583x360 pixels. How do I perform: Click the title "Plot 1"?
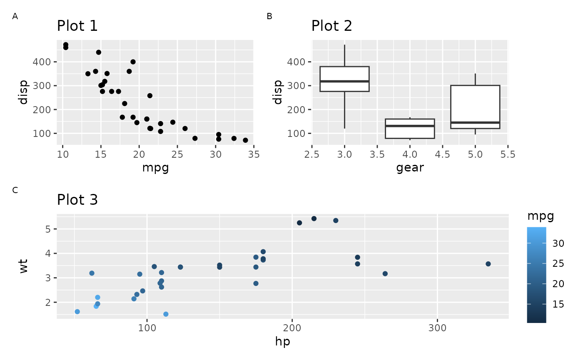(x=77, y=26)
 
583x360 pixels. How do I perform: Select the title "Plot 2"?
(x=332, y=26)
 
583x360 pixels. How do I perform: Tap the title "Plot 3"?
(x=77, y=200)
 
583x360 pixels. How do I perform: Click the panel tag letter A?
(x=15, y=17)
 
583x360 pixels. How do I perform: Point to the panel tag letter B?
(x=269, y=17)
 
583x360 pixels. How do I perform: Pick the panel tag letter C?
(x=15, y=191)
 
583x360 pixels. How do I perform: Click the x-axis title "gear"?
(x=410, y=168)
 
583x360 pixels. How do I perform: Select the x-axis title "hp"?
(x=283, y=342)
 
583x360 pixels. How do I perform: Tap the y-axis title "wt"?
(x=24, y=266)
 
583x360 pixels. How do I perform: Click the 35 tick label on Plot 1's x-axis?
(x=254, y=154)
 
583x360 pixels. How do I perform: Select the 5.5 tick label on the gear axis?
(x=508, y=154)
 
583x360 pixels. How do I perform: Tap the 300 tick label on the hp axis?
(x=437, y=328)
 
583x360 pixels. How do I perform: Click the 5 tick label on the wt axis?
(x=49, y=229)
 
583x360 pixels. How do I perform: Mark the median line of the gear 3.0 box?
(x=344, y=81)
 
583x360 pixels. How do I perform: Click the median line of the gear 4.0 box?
(x=410, y=126)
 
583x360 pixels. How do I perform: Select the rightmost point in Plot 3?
(x=488, y=264)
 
